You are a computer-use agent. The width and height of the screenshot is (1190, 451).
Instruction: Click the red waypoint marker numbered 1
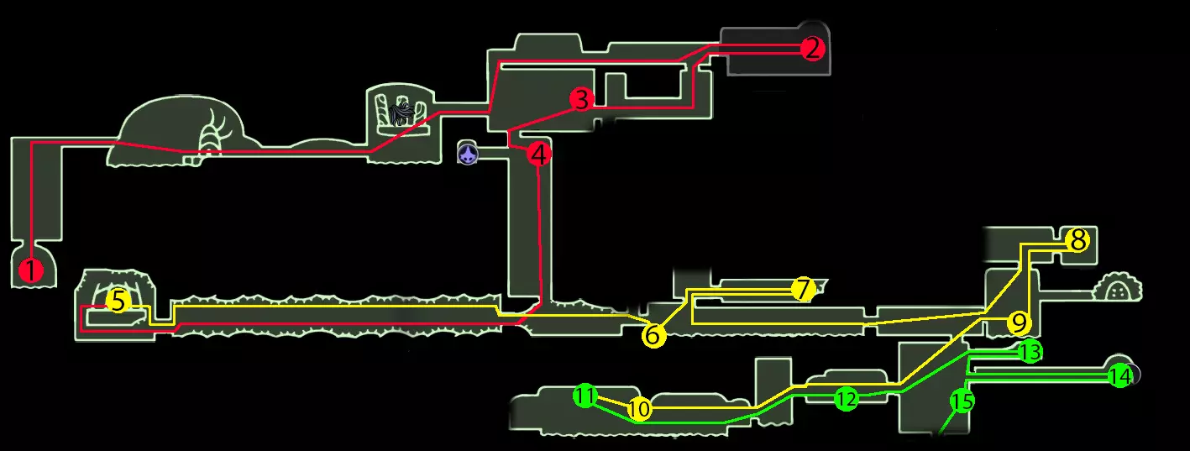pos(31,270)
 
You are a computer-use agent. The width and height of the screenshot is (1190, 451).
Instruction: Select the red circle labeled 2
pos(811,49)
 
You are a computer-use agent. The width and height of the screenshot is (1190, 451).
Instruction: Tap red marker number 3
pos(581,99)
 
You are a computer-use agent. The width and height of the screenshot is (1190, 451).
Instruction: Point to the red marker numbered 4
pos(539,154)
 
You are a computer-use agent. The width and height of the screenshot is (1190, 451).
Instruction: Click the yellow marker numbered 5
pos(118,301)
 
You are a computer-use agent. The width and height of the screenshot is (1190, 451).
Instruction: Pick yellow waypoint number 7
pos(803,290)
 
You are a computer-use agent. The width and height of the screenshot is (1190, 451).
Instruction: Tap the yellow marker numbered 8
pos(1077,241)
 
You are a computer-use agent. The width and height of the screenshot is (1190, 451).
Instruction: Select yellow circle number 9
pos(1018,323)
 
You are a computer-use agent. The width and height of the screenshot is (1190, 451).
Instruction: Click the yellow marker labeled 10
pos(639,409)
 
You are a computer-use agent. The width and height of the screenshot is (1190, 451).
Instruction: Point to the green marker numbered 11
pos(586,396)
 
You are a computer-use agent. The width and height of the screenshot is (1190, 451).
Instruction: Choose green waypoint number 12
pos(846,400)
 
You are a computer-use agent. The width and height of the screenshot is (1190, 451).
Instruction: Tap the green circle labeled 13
pos(1030,352)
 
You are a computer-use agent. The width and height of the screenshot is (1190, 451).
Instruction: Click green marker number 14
pos(1119,376)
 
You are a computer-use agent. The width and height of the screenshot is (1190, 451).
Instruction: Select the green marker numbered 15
pos(962,401)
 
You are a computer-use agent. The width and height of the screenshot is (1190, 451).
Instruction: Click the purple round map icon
pos(468,153)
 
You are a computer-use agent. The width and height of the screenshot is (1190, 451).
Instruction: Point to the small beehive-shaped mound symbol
pos(1118,290)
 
